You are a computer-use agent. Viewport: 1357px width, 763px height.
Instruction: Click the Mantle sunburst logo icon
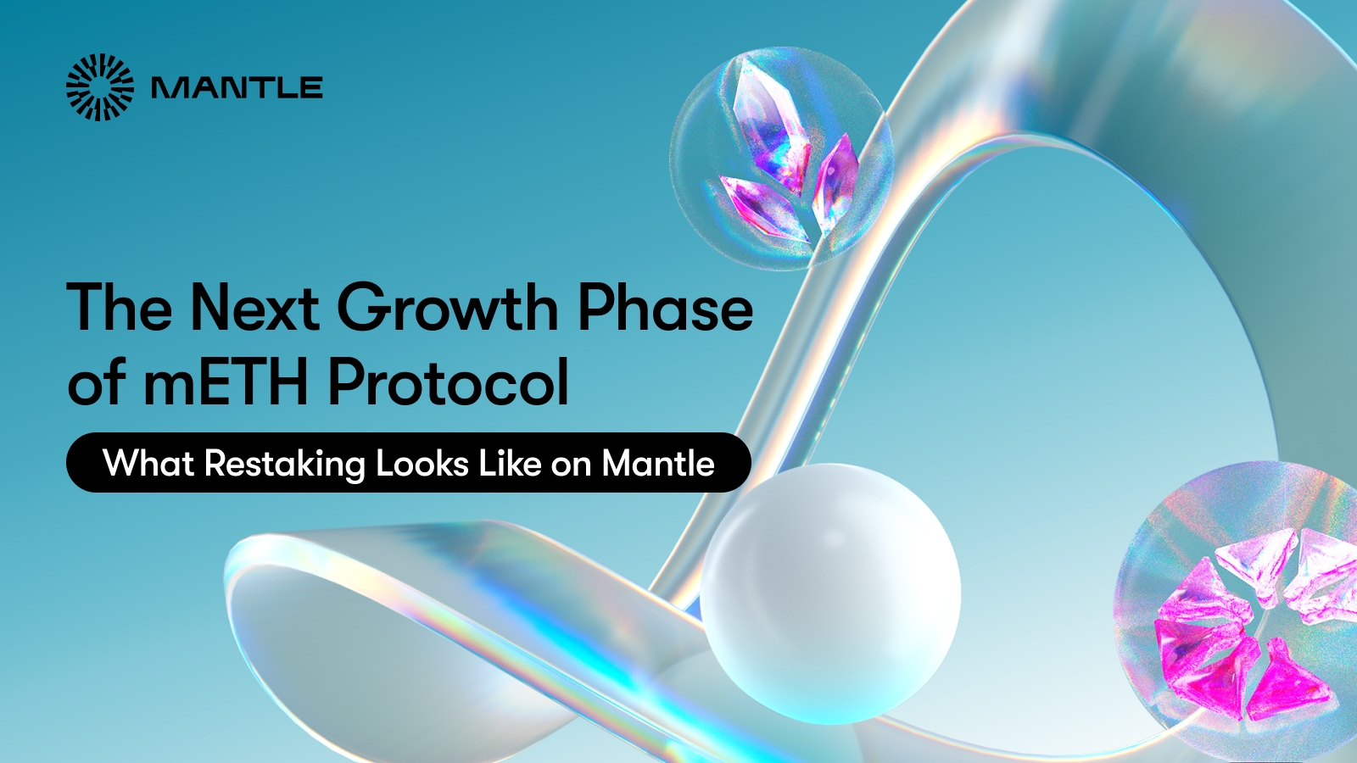pyautogui.click(x=100, y=87)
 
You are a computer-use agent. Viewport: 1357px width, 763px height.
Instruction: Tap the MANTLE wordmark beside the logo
pyautogui.click(x=237, y=88)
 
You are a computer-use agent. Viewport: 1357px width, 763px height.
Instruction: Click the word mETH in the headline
pyautogui.click(x=225, y=382)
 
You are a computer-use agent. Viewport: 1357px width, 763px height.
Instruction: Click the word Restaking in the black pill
pyautogui.click(x=284, y=465)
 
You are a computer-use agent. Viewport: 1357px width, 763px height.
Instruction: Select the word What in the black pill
pyautogui.click(x=148, y=464)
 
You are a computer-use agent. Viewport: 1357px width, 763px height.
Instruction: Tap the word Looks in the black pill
pyautogui.click(x=422, y=464)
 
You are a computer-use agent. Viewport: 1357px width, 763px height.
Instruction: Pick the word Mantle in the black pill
pyautogui.click(x=658, y=464)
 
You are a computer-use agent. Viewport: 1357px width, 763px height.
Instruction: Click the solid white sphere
pyautogui.click(x=830, y=593)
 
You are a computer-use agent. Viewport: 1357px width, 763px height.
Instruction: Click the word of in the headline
pyautogui.click(x=97, y=382)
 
